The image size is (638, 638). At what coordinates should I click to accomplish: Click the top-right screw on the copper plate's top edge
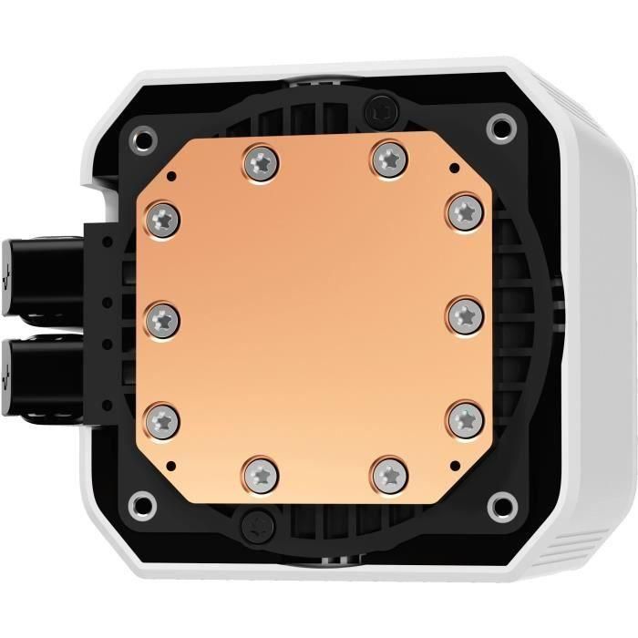coord(387,159)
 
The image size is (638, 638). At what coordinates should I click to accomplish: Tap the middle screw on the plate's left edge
coord(162,317)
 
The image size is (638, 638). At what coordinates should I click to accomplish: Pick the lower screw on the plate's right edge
coord(464,416)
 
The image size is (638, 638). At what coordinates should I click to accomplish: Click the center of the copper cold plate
coord(314,316)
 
